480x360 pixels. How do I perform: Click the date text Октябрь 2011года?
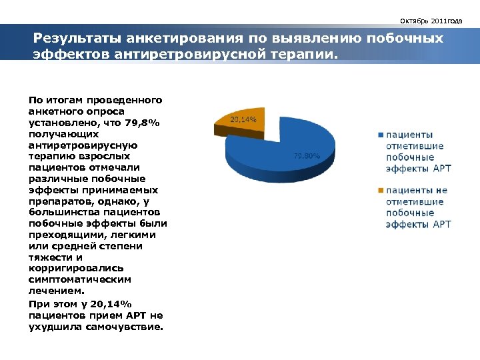[x=435, y=21]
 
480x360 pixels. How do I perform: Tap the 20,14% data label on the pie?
[x=243, y=120]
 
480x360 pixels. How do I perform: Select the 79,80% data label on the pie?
[x=307, y=156]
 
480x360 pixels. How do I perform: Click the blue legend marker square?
[x=381, y=135]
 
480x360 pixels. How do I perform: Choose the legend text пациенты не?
[x=417, y=191]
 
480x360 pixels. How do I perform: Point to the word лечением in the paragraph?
[x=57, y=291]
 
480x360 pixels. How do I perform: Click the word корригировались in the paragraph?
[x=71, y=268]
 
